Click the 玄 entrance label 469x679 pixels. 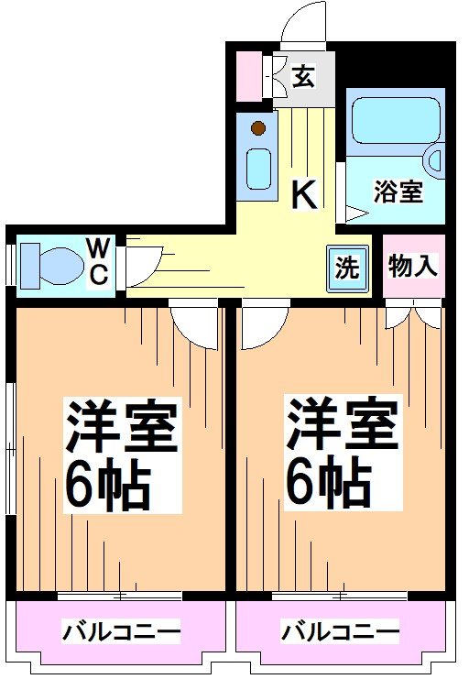(x=304, y=77)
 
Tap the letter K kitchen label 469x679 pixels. (x=304, y=194)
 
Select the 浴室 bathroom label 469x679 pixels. (x=398, y=192)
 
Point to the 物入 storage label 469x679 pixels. (x=413, y=266)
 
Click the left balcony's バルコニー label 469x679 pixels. (x=121, y=631)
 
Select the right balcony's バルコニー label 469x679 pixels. (x=340, y=631)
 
